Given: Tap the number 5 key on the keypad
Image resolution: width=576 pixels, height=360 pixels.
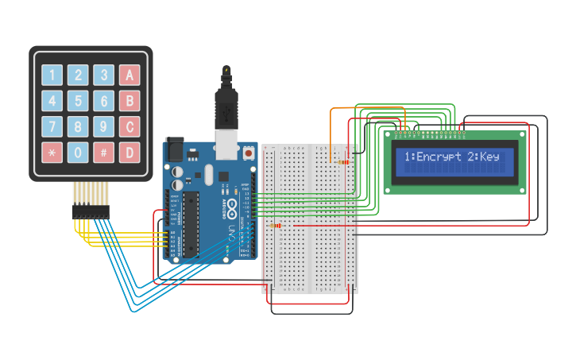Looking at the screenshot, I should pyautogui.click(x=78, y=101).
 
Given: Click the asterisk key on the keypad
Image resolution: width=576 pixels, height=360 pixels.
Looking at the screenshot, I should pyautogui.click(x=52, y=152).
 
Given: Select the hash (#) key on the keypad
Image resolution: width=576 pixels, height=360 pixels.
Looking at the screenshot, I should pyautogui.click(x=103, y=152).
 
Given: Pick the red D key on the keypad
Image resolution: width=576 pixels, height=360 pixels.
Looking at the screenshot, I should pyautogui.click(x=130, y=152).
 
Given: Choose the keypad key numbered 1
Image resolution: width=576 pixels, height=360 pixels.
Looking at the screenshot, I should pyautogui.click(x=52, y=75).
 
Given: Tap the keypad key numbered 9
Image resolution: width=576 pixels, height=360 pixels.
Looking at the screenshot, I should pyautogui.click(x=103, y=126).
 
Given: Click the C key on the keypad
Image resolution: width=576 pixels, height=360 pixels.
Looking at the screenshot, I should pyautogui.click(x=130, y=126).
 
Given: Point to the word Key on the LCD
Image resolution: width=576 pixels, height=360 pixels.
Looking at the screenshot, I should pyautogui.click(x=490, y=157).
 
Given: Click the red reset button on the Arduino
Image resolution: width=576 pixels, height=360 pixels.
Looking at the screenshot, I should pyautogui.click(x=249, y=151).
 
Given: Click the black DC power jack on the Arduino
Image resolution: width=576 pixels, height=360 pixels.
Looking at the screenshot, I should pyautogui.click(x=172, y=150).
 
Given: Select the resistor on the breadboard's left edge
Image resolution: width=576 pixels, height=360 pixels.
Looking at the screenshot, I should pyautogui.click(x=276, y=226).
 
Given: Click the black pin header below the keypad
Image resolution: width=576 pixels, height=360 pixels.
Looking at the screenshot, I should pyautogui.click(x=91, y=211).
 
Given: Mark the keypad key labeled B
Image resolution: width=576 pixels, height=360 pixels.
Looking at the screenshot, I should pyautogui.click(x=130, y=101).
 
